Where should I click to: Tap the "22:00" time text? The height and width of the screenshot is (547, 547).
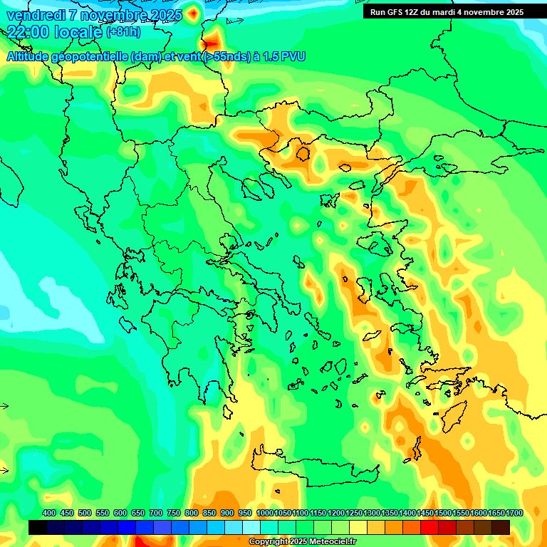click(x=28, y=31)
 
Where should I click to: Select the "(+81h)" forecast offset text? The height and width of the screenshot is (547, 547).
click(x=123, y=32)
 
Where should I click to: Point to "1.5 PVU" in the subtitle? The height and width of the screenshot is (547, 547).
click(x=284, y=56)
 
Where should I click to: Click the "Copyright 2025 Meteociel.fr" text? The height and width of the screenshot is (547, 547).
click(x=302, y=542)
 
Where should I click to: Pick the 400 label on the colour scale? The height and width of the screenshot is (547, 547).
click(x=49, y=513)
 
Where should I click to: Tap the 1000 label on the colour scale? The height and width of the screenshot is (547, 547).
click(x=264, y=513)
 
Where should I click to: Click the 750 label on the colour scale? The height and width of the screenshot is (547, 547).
click(x=174, y=513)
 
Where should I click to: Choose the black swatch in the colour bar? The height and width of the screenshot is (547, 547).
click(x=38, y=527)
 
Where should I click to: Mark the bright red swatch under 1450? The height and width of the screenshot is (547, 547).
click(x=429, y=527)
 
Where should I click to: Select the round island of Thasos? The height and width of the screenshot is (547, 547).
click(x=303, y=152)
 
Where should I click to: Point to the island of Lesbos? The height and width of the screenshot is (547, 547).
click(x=378, y=243)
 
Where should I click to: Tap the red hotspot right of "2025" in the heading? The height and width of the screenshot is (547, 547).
click(x=193, y=13)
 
